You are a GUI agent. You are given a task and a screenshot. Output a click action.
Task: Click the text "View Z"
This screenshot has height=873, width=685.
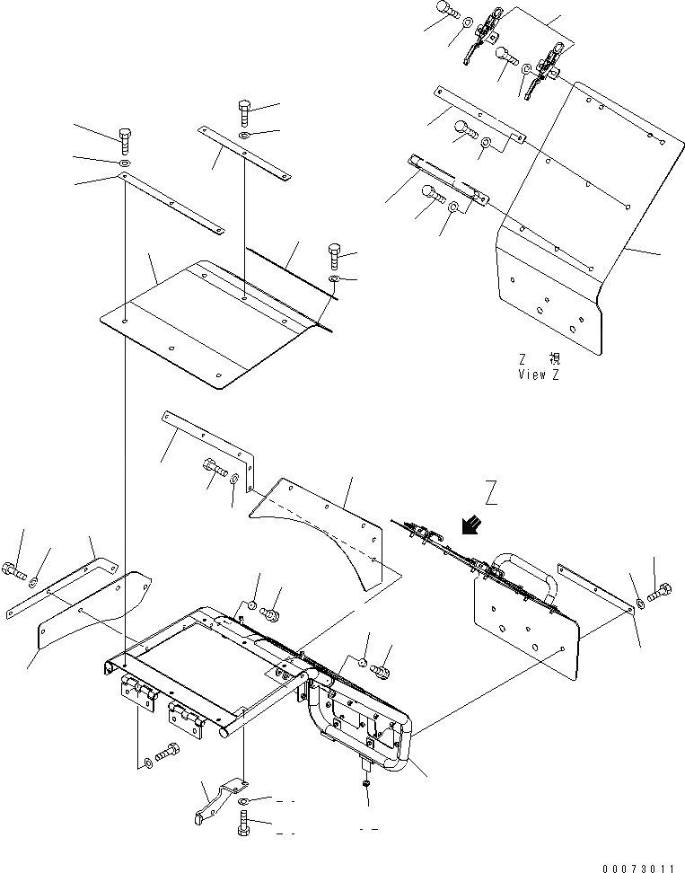coord(538,375)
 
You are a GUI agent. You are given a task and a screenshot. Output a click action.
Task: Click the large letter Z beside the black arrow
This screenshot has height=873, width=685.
coord(490,493)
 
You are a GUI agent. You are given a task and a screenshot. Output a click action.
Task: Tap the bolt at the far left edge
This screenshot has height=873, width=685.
coord(11,568)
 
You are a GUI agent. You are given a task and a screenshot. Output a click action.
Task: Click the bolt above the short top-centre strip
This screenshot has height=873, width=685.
coord(246,113)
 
